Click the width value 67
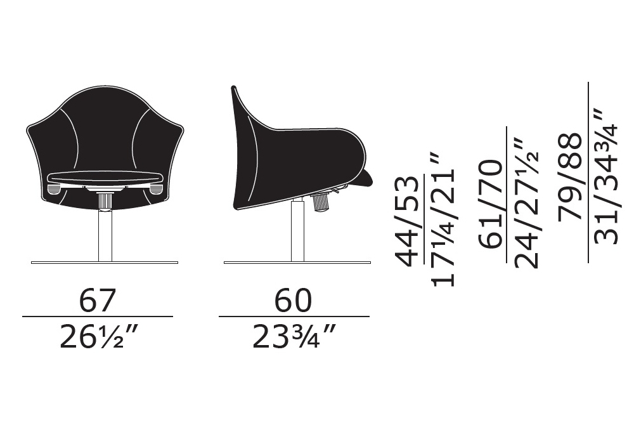(x=98, y=301)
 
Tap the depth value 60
(x=293, y=301)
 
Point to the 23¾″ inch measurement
(x=294, y=337)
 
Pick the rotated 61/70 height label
(x=491, y=204)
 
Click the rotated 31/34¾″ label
(x=605, y=176)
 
